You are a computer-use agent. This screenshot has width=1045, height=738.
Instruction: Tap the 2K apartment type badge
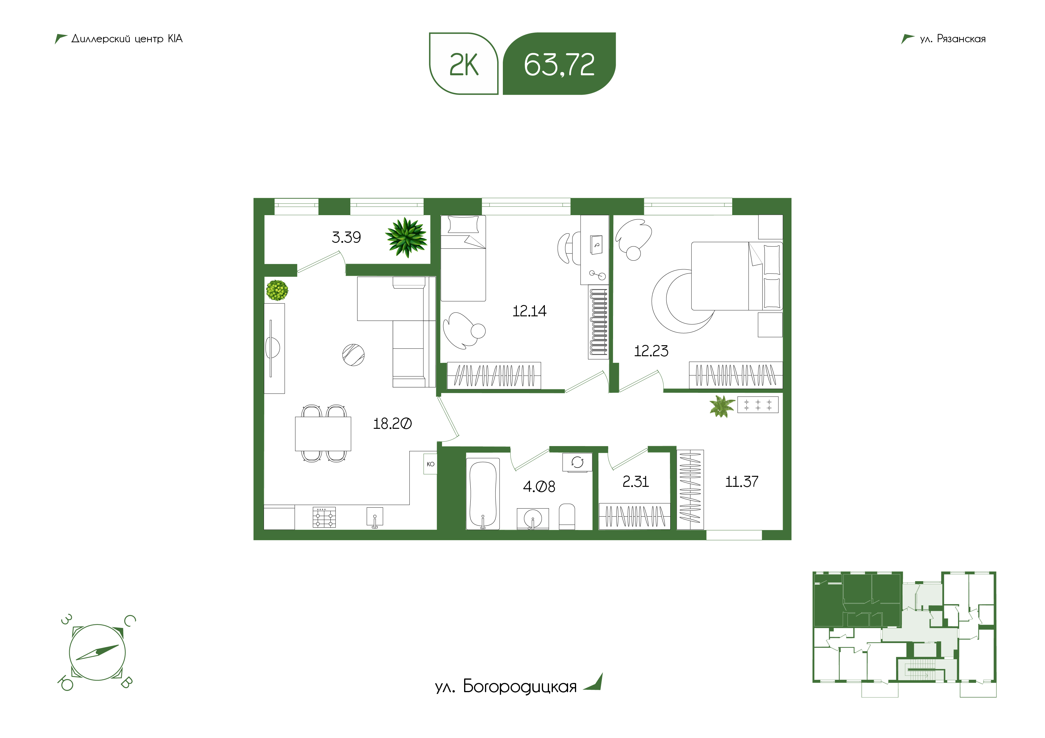(x=464, y=64)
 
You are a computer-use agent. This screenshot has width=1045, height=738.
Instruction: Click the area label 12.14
(x=529, y=311)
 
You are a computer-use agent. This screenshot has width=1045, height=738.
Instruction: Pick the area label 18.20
(x=392, y=424)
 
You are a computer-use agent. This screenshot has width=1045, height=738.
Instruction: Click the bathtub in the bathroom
(x=483, y=494)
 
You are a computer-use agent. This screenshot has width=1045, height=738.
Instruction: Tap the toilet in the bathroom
(x=567, y=517)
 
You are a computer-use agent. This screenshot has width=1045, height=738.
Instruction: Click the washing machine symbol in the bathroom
(x=578, y=462)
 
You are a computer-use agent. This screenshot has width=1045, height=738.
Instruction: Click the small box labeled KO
(x=430, y=464)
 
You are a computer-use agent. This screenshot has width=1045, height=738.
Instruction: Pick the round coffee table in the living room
(x=353, y=355)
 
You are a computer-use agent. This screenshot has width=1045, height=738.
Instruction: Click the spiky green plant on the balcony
(x=406, y=237)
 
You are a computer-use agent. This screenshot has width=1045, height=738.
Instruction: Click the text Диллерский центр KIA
(x=127, y=39)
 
